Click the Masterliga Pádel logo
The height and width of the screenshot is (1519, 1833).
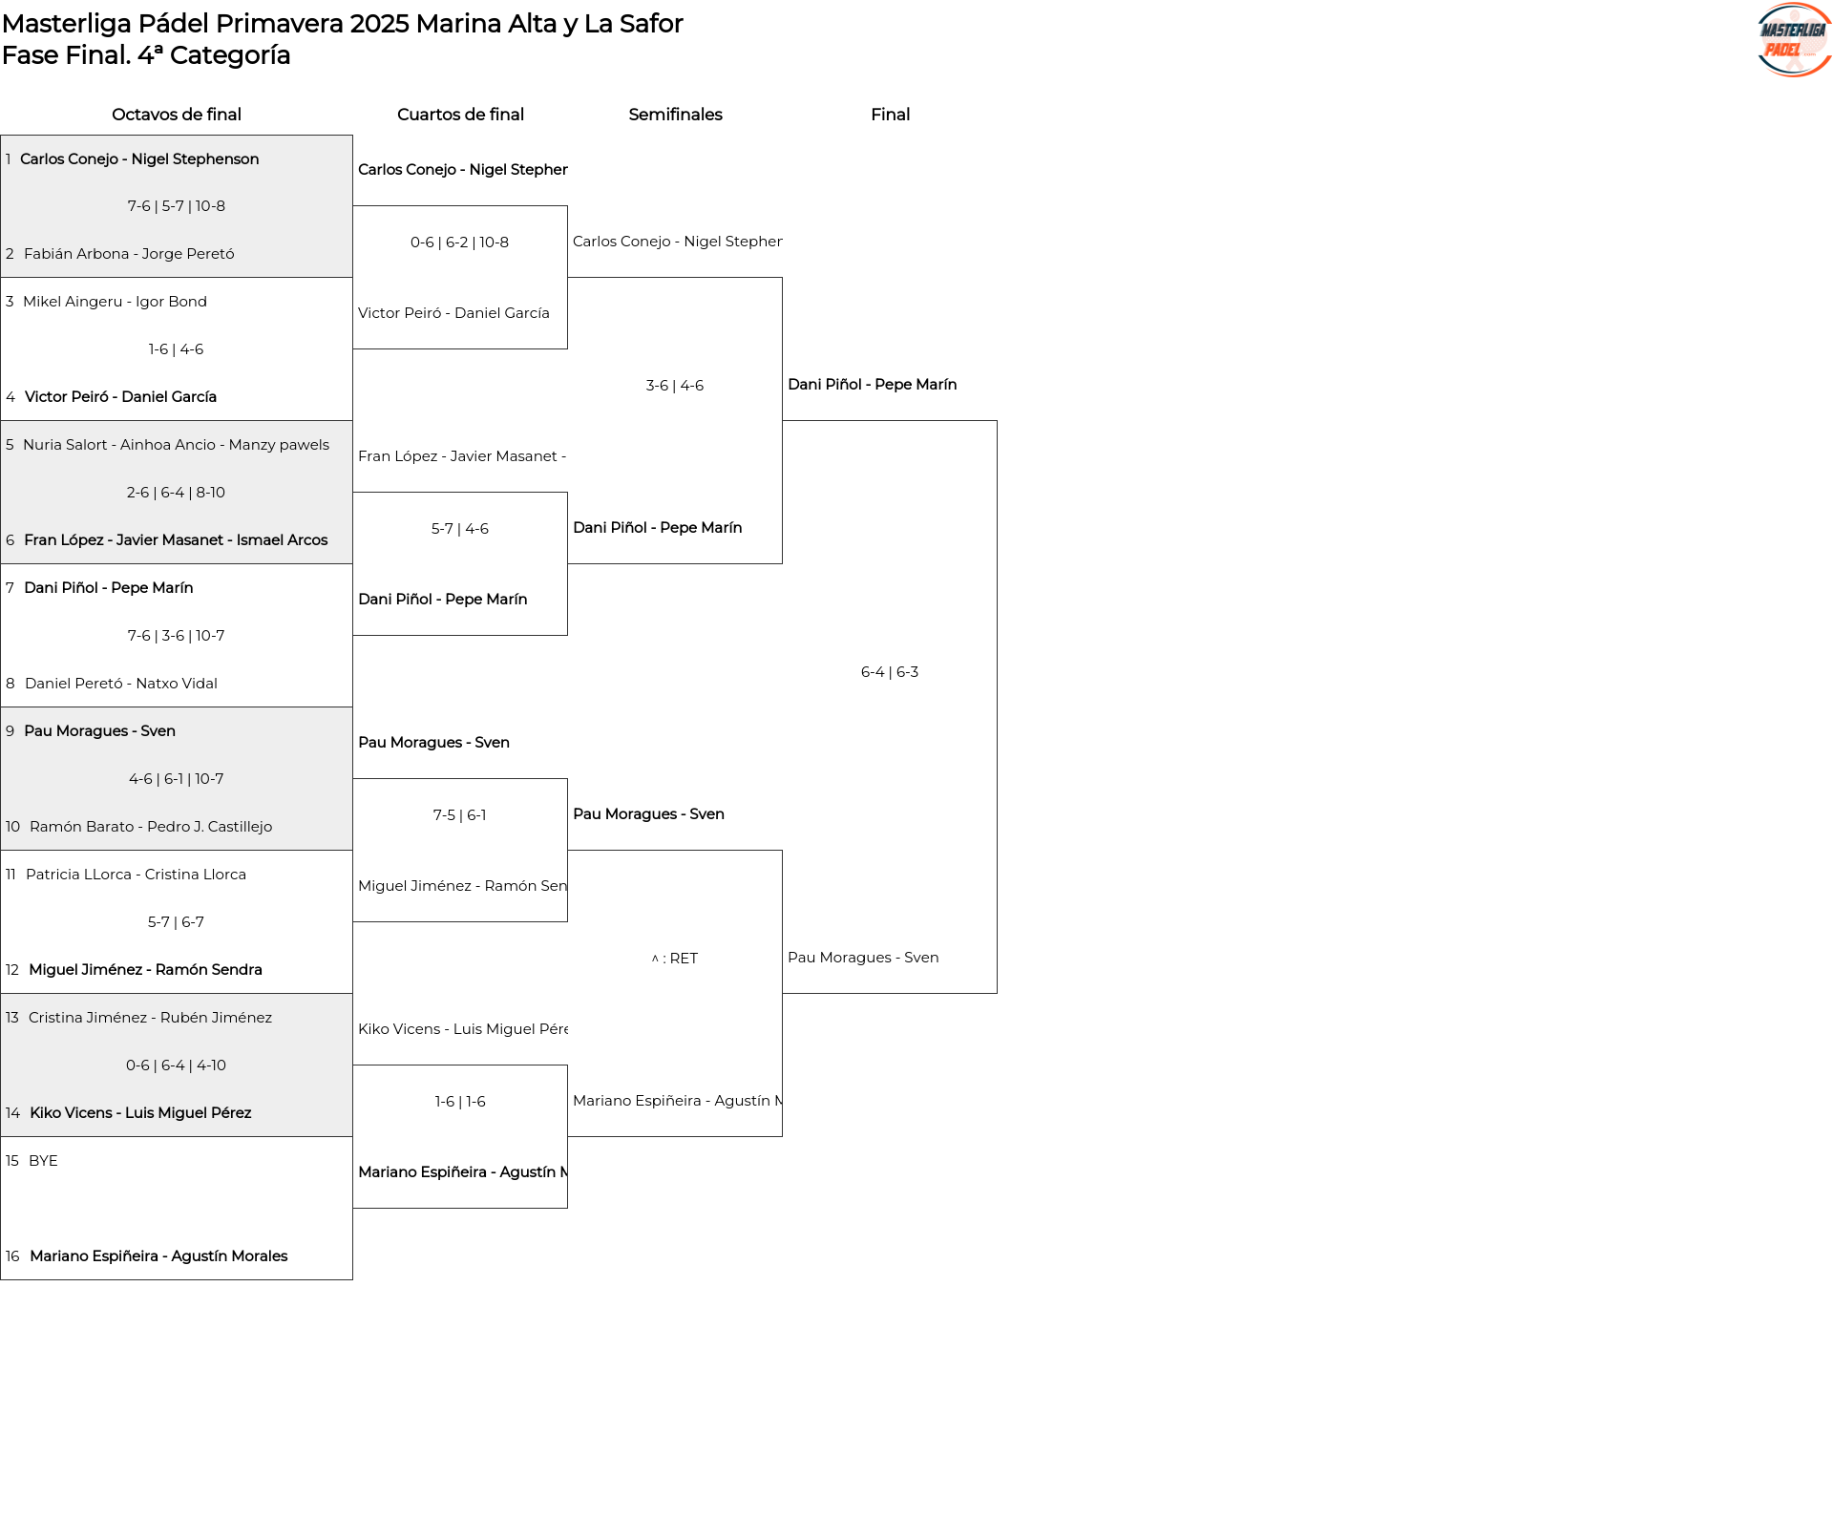tap(1794, 40)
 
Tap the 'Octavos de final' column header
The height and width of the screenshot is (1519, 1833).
tap(177, 115)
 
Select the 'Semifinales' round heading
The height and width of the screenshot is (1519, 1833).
tap(675, 115)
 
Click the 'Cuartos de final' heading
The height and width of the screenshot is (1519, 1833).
tap(460, 115)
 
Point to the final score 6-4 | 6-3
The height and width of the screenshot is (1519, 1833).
tap(890, 672)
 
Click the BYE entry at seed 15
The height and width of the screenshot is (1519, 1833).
tap(43, 1161)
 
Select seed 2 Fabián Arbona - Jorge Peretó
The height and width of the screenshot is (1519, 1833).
tap(129, 254)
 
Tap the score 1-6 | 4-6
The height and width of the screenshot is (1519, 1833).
tap(176, 349)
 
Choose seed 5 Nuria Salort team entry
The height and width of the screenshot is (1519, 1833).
tap(176, 445)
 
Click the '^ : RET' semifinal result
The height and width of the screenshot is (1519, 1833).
tap(675, 959)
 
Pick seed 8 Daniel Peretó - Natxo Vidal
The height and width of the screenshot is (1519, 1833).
tap(121, 684)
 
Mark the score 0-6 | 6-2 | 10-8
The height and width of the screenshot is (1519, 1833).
tap(459, 243)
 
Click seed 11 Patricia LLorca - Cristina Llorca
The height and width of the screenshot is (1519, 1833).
tap(136, 875)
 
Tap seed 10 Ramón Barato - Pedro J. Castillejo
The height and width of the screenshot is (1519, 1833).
tap(151, 827)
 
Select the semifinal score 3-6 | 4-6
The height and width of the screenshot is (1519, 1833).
tap(675, 386)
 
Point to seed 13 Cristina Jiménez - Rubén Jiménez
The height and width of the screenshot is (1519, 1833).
tap(150, 1018)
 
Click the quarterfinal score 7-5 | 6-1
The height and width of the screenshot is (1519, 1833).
tap(459, 815)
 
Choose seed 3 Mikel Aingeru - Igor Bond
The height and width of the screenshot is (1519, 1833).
tap(115, 302)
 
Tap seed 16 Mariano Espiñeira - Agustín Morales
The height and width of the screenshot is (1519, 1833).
tap(158, 1256)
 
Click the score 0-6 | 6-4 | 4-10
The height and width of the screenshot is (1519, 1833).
tap(176, 1065)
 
